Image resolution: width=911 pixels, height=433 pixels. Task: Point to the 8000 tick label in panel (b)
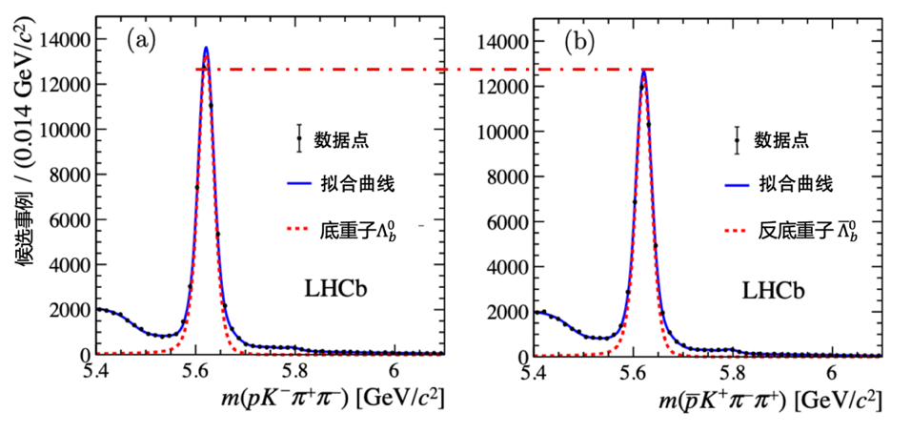[x=507, y=176]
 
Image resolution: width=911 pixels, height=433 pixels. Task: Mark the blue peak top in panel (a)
[x=206, y=48]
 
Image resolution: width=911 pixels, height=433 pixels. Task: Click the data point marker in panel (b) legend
[x=737, y=140]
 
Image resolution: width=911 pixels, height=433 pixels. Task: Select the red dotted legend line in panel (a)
[x=298, y=230]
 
